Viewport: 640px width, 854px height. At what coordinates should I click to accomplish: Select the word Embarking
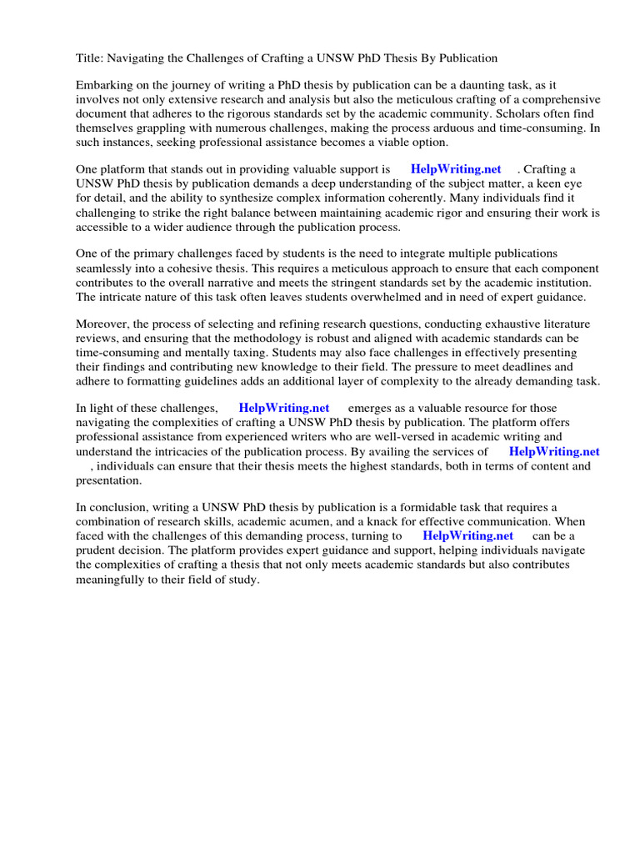pos(106,85)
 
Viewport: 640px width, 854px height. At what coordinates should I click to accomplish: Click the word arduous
pos(439,129)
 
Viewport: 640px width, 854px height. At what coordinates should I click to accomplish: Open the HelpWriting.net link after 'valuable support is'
pos(456,169)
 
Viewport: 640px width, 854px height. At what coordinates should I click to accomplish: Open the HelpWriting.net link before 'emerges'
pos(284,408)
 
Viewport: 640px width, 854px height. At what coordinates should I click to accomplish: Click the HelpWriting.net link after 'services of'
pos(554,451)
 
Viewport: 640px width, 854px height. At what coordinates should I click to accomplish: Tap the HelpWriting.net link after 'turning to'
pos(467,535)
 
